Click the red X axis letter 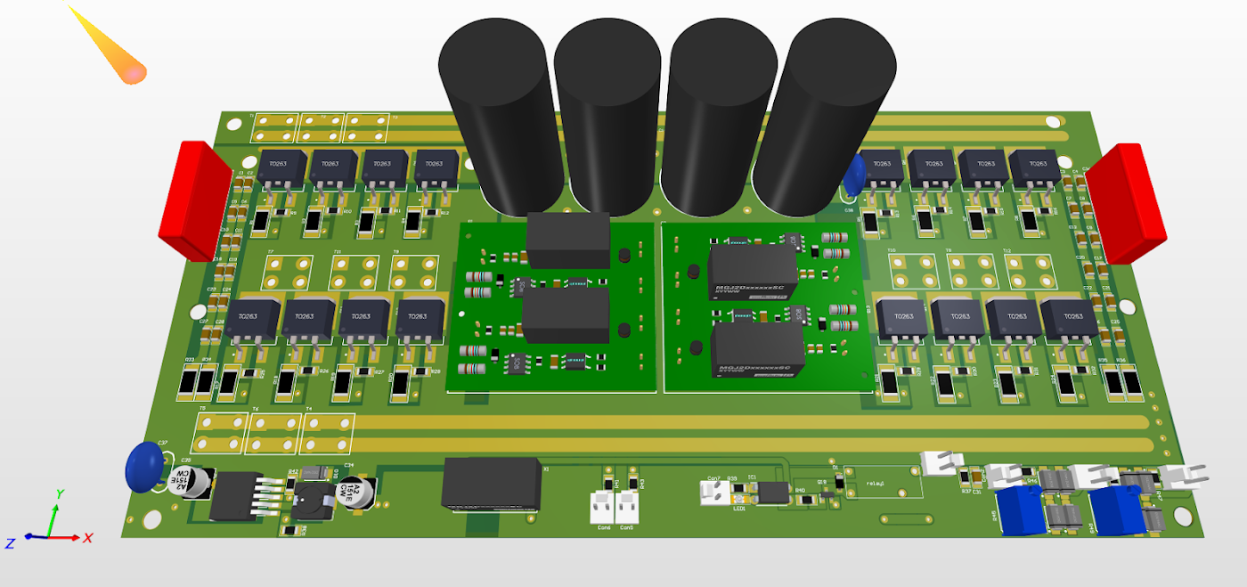88,538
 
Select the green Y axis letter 60,493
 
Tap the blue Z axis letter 10,542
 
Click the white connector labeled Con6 604,509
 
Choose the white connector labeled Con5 628,509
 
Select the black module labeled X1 493,484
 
